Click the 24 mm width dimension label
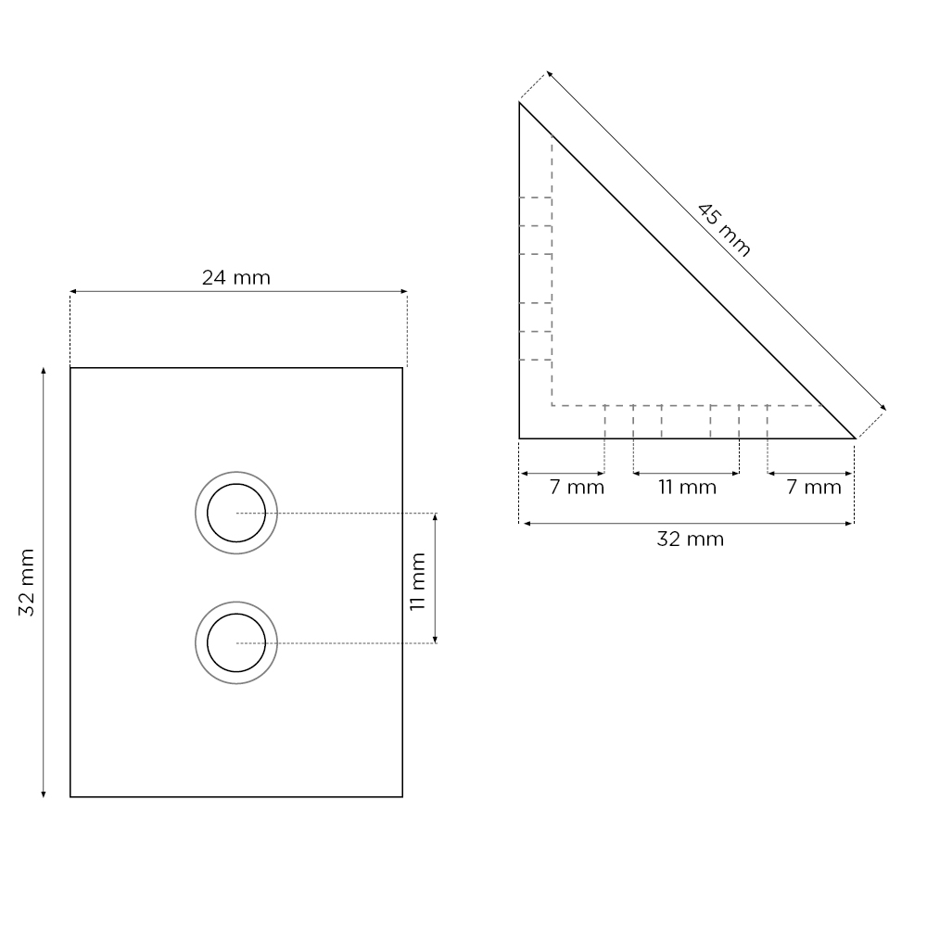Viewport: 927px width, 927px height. (x=235, y=277)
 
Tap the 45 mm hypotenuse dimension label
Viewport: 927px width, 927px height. (x=724, y=230)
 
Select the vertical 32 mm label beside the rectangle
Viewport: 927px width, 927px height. (x=27, y=582)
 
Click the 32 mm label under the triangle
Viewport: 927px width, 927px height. (x=690, y=540)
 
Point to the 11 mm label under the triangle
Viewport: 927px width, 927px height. (x=687, y=488)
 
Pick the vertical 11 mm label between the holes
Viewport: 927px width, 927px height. (x=418, y=581)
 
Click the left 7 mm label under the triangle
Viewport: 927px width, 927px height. (x=577, y=488)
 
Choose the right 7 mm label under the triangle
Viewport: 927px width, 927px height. (x=814, y=488)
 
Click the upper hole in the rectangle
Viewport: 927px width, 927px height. (x=236, y=513)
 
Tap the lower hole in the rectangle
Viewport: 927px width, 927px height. (x=236, y=642)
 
